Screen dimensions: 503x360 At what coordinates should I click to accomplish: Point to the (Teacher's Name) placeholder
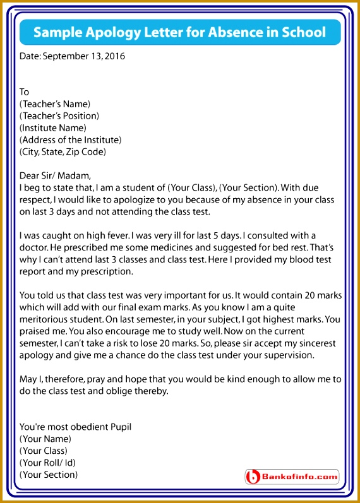(55, 104)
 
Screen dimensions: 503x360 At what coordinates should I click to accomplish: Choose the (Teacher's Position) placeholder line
(59, 116)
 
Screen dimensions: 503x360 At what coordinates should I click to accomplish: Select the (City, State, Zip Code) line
(63, 152)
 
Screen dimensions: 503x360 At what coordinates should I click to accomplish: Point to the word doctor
(34, 248)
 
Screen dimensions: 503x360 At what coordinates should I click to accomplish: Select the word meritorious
(47, 320)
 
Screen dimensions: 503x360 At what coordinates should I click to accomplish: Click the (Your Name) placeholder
(45, 439)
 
